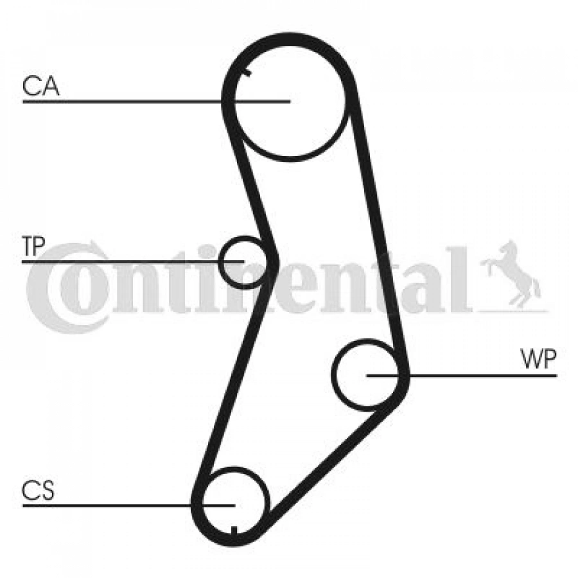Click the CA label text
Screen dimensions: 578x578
(40, 86)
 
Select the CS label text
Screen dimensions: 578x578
(38, 490)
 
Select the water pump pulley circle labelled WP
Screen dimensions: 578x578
(333, 374)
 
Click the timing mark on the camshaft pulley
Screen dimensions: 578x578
(246, 73)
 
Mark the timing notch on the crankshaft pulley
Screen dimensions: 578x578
(234, 530)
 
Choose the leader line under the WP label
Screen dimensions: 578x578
(462, 376)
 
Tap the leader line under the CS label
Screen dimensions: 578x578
(128, 505)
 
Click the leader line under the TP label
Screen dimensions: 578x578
(133, 262)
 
